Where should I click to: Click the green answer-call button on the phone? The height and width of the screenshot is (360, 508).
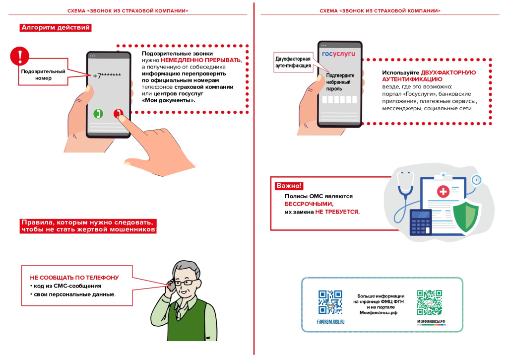click(98, 114)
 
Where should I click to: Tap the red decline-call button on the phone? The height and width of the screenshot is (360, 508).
click(118, 114)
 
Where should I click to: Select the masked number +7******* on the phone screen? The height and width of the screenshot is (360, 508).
click(107, 75)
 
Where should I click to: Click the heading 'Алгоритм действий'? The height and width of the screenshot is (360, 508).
click(56, 28)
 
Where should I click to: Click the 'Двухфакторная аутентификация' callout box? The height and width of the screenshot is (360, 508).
click(293, 62)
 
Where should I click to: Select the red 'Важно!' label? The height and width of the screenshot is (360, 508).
click(288, 186)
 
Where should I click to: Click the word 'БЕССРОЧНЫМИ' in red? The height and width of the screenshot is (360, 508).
click(309, 204)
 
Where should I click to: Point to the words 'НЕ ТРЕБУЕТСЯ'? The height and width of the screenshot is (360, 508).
click(337, 212)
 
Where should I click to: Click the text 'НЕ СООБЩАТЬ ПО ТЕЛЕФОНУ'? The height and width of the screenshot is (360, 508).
click(74, 277)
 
